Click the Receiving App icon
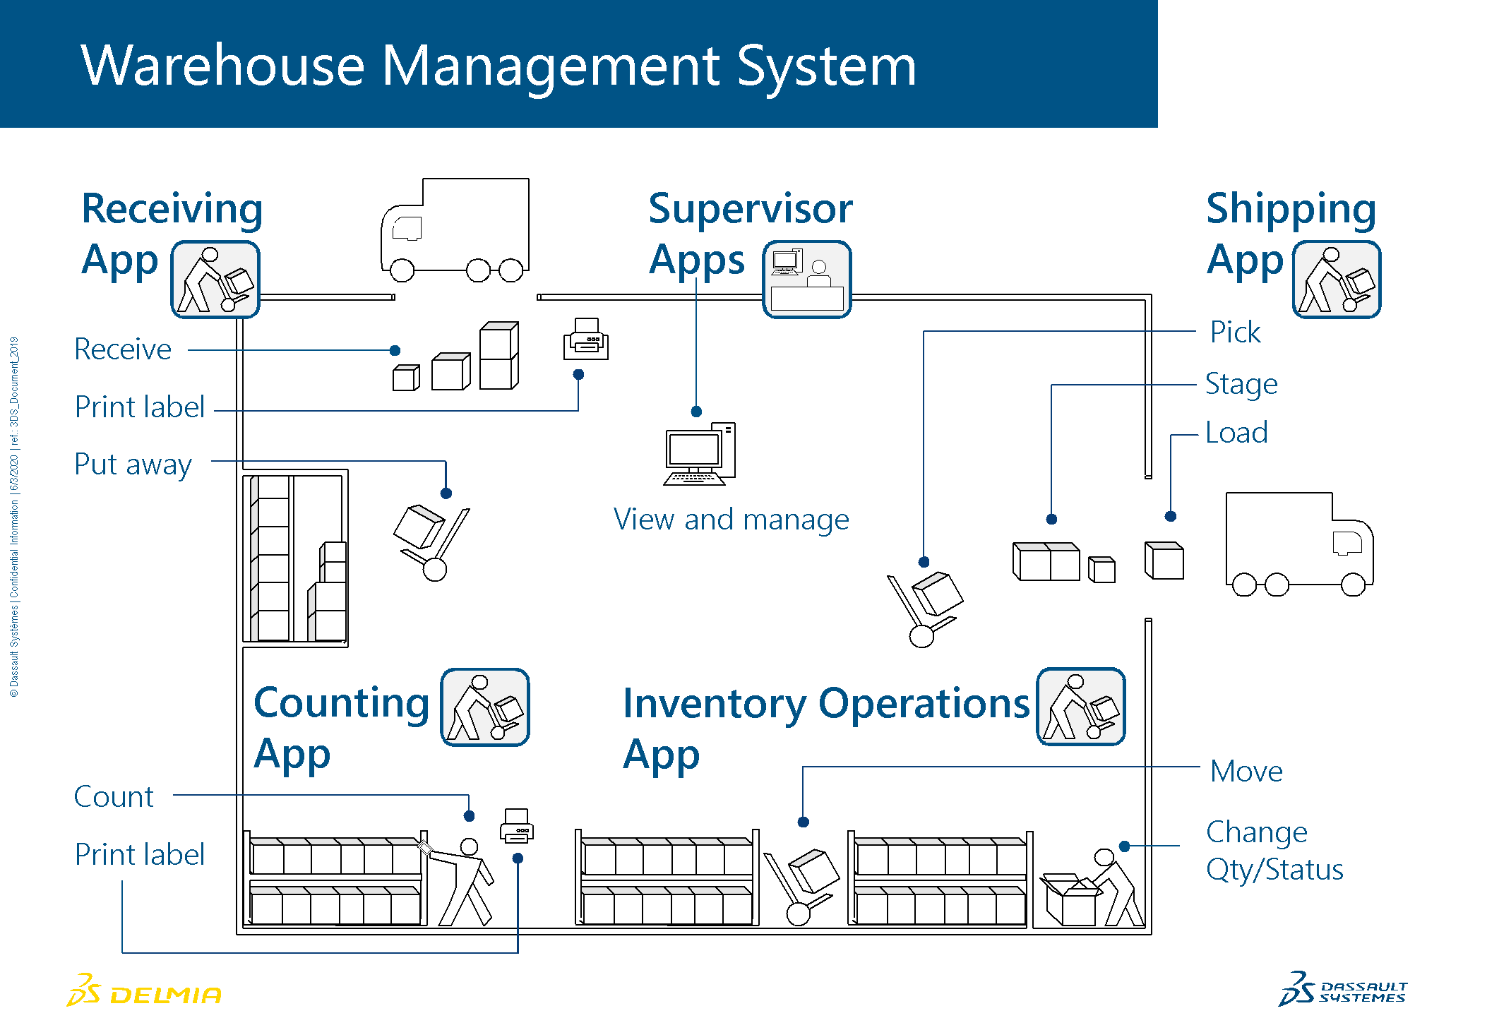tap(215, 280)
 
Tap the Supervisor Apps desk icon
tap(807, 280)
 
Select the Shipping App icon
tap(1337, 280)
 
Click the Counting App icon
tap(485, 707)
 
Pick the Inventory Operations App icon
tap(1081, 707)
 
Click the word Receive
tap(123, 349)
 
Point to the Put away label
tap(133, 465)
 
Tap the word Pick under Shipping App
tap(1235, 333)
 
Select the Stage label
tap(1241, 385)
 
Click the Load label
tap(1236, 433)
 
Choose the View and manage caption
tap(731, 520)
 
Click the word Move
tap(1246, 771)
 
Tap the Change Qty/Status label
tap(1274, 851)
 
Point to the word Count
tap(114, 797)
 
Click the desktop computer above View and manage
tap(700, 454)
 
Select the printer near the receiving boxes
tap(586, 339)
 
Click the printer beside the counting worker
tap(517, 825)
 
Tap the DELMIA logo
tap(144, 990)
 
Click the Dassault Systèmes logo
tap(1342, 988)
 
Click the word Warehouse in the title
tap(223, 66)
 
